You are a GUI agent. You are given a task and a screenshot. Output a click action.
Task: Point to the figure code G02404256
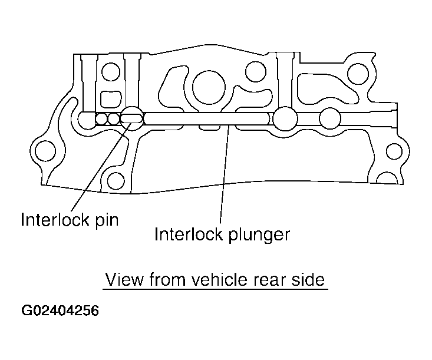pos(61,311)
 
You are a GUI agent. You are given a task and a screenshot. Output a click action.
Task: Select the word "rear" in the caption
pos(271,279)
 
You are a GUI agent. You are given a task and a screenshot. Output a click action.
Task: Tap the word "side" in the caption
pos(308,279)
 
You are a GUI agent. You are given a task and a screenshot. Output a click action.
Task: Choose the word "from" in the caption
pos(167,279)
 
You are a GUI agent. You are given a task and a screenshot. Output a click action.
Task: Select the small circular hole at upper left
pos(110,73)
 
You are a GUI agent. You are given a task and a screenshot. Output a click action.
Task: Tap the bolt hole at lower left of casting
pos(117,180)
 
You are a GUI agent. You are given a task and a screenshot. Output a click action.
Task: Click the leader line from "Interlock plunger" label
pos(224,177)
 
